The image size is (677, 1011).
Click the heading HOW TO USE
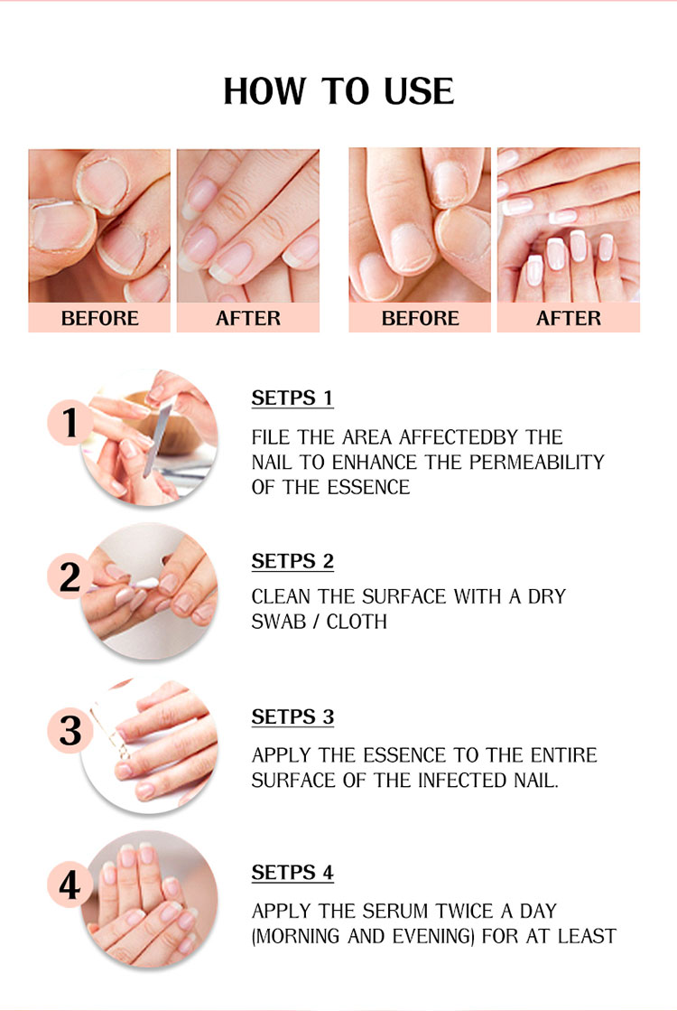338,91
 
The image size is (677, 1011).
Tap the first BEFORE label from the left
100,318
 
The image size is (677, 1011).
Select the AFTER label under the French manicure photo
569,318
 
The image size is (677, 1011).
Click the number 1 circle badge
70,422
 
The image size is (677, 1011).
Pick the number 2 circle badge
70,576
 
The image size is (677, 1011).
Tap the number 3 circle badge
70,731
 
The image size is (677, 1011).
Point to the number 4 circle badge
70,885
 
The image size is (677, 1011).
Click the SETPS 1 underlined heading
292,398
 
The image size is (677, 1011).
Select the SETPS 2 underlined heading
292,562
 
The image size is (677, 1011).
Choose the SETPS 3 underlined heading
292,717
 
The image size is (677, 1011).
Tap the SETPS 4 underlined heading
292,873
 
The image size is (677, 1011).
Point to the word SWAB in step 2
278,622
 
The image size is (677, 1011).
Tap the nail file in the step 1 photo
156,438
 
